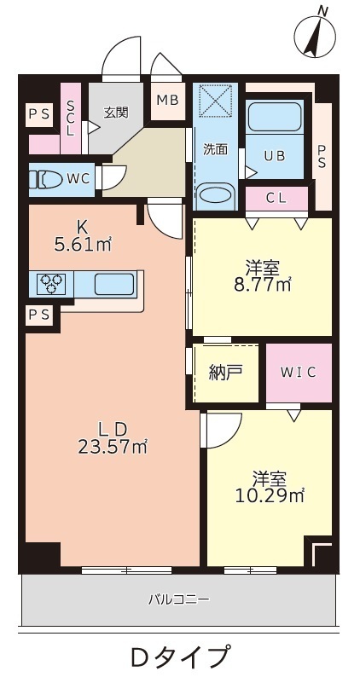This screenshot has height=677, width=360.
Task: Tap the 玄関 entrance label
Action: tap(116, 112)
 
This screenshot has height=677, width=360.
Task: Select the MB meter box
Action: tap(167, 100)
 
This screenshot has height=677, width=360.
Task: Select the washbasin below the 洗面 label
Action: tap(215, 195)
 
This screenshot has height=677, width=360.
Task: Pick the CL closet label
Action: tap(276, 199)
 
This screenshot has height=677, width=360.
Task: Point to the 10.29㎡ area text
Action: tap(270, 495)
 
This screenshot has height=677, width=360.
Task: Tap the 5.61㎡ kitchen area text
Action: tap(84, 245)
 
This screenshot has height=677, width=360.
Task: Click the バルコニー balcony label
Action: tap(179, 599)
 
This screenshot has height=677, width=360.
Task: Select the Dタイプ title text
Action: tap(179, 657)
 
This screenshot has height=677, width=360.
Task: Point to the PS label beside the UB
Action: tap(322, 156)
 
